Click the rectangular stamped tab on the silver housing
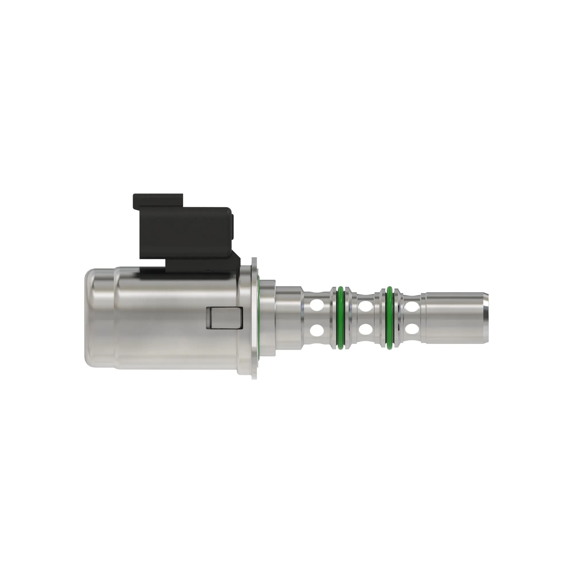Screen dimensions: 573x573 click(x=224, y=318)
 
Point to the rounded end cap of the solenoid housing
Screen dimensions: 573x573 click(x=92, y=318)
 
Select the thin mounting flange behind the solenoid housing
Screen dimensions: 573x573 click(x=254, y=318)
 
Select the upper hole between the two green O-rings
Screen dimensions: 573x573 click(x=365, y=305)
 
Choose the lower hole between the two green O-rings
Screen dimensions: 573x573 click(x=365, y=329)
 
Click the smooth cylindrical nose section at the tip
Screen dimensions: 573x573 click(x=454, y=318)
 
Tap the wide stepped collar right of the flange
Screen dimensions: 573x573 click(x=268, y=318)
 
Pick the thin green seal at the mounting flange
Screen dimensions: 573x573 click(x=259, y=318)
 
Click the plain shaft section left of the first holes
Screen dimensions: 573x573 click(x=289, y=318)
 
